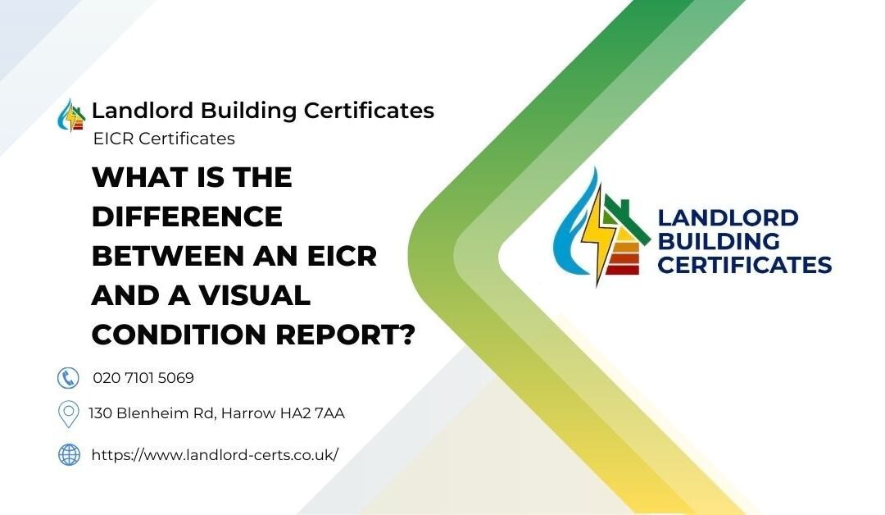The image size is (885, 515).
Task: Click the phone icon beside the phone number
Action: click(68, 377)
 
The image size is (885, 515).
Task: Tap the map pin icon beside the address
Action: click(69, 414)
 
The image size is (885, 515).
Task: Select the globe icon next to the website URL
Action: click(69, 454)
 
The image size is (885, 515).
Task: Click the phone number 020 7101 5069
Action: click(143, 378)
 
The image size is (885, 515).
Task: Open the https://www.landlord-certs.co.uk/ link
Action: click(215, 454)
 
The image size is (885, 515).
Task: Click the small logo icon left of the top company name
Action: click(72, 115)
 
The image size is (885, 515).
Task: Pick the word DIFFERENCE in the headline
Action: click(187, 216)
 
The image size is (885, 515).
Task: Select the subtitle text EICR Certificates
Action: click(164, 139)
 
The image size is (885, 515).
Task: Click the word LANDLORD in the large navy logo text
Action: click(728, 218)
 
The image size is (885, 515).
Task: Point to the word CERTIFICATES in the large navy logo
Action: click(744, 265)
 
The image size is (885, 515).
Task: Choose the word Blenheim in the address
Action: click(156, 413)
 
